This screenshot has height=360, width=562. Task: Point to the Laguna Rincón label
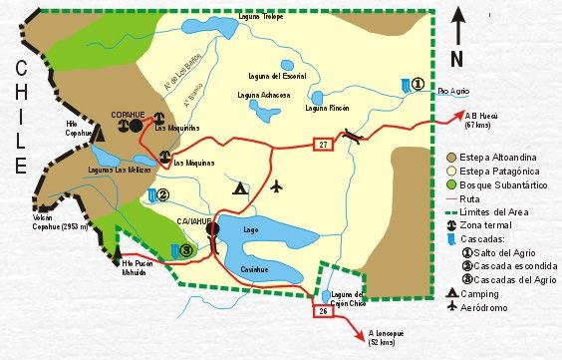(x=326, y=108)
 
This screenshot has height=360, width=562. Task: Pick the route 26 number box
(x=323, y=313)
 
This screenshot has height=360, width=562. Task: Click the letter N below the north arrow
(x=455, y=58)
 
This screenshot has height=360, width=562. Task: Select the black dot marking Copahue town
(x=136, y=127)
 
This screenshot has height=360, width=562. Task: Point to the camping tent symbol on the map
(x=239, y=186)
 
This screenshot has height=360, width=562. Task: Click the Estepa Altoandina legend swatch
(x=453, y=158)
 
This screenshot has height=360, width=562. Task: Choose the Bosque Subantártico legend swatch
(x=453, y=184)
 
